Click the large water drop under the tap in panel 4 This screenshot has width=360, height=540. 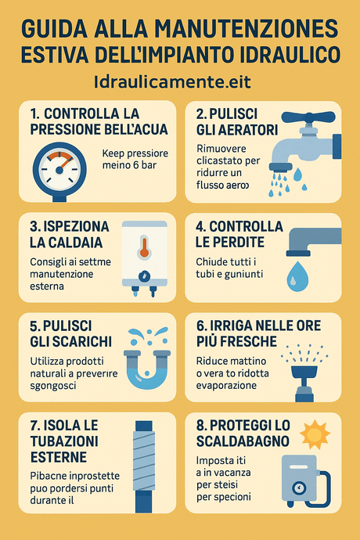tap(298, 278)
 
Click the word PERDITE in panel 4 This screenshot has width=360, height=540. tap(226, 241)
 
